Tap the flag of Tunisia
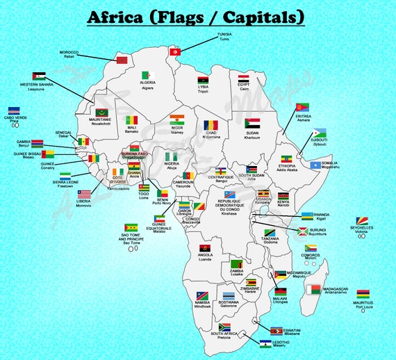tap(176, 51)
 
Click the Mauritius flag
tap(363, 294)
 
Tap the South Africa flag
tap(224, 327)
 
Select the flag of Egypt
tap(244, 79)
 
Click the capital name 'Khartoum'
tap(252, 138)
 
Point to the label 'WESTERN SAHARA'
tap(37, 85)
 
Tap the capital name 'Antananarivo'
tap(340, 292)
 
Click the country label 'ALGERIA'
tap(147, 83)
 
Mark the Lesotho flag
tap(265, 342)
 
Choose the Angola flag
tap(205, 248)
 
